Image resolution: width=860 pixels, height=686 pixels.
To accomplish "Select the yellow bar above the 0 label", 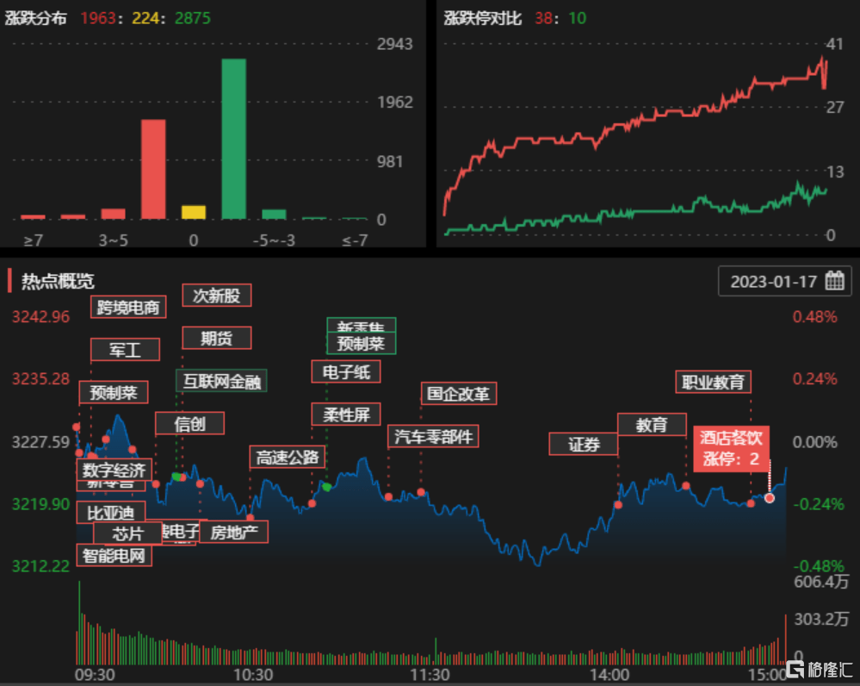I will click(x=194, y=212).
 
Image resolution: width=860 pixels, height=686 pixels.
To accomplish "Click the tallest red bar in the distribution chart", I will click(x=153, y=169).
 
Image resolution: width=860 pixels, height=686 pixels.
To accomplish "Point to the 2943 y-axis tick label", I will click(x=395, y=44).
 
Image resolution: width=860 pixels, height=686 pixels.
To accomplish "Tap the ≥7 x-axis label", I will click(x=33, y=240).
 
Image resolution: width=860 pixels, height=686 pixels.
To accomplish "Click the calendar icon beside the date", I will click(x=834, y=281).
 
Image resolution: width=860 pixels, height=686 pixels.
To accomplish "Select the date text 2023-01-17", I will click(x=772, y=282).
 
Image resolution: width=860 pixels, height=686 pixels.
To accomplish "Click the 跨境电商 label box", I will click(x=128, y=307).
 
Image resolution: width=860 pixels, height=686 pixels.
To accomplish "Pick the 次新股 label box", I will click(x=216, y=296).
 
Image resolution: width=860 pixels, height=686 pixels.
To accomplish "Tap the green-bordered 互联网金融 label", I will click(x=221, y=380).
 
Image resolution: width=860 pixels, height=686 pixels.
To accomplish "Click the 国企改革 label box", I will click(x=459, y=394).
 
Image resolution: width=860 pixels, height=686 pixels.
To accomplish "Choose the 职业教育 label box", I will click(x=713, y=381).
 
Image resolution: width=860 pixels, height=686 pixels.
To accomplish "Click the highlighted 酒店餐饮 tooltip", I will click(x=731, y=448).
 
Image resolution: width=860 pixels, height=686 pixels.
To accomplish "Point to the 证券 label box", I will click(x=584, y=444).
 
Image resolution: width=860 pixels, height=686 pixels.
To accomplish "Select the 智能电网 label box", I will click(x=114, y=555).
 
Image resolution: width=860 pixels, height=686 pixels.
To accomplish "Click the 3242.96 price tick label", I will click(x=40, y=316).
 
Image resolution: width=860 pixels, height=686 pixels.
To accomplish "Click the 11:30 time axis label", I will click(x=430, y=674).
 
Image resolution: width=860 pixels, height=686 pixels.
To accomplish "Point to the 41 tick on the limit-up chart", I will click(x=833, y=44).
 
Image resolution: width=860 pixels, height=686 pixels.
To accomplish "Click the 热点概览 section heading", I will click(x=58, y=281).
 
